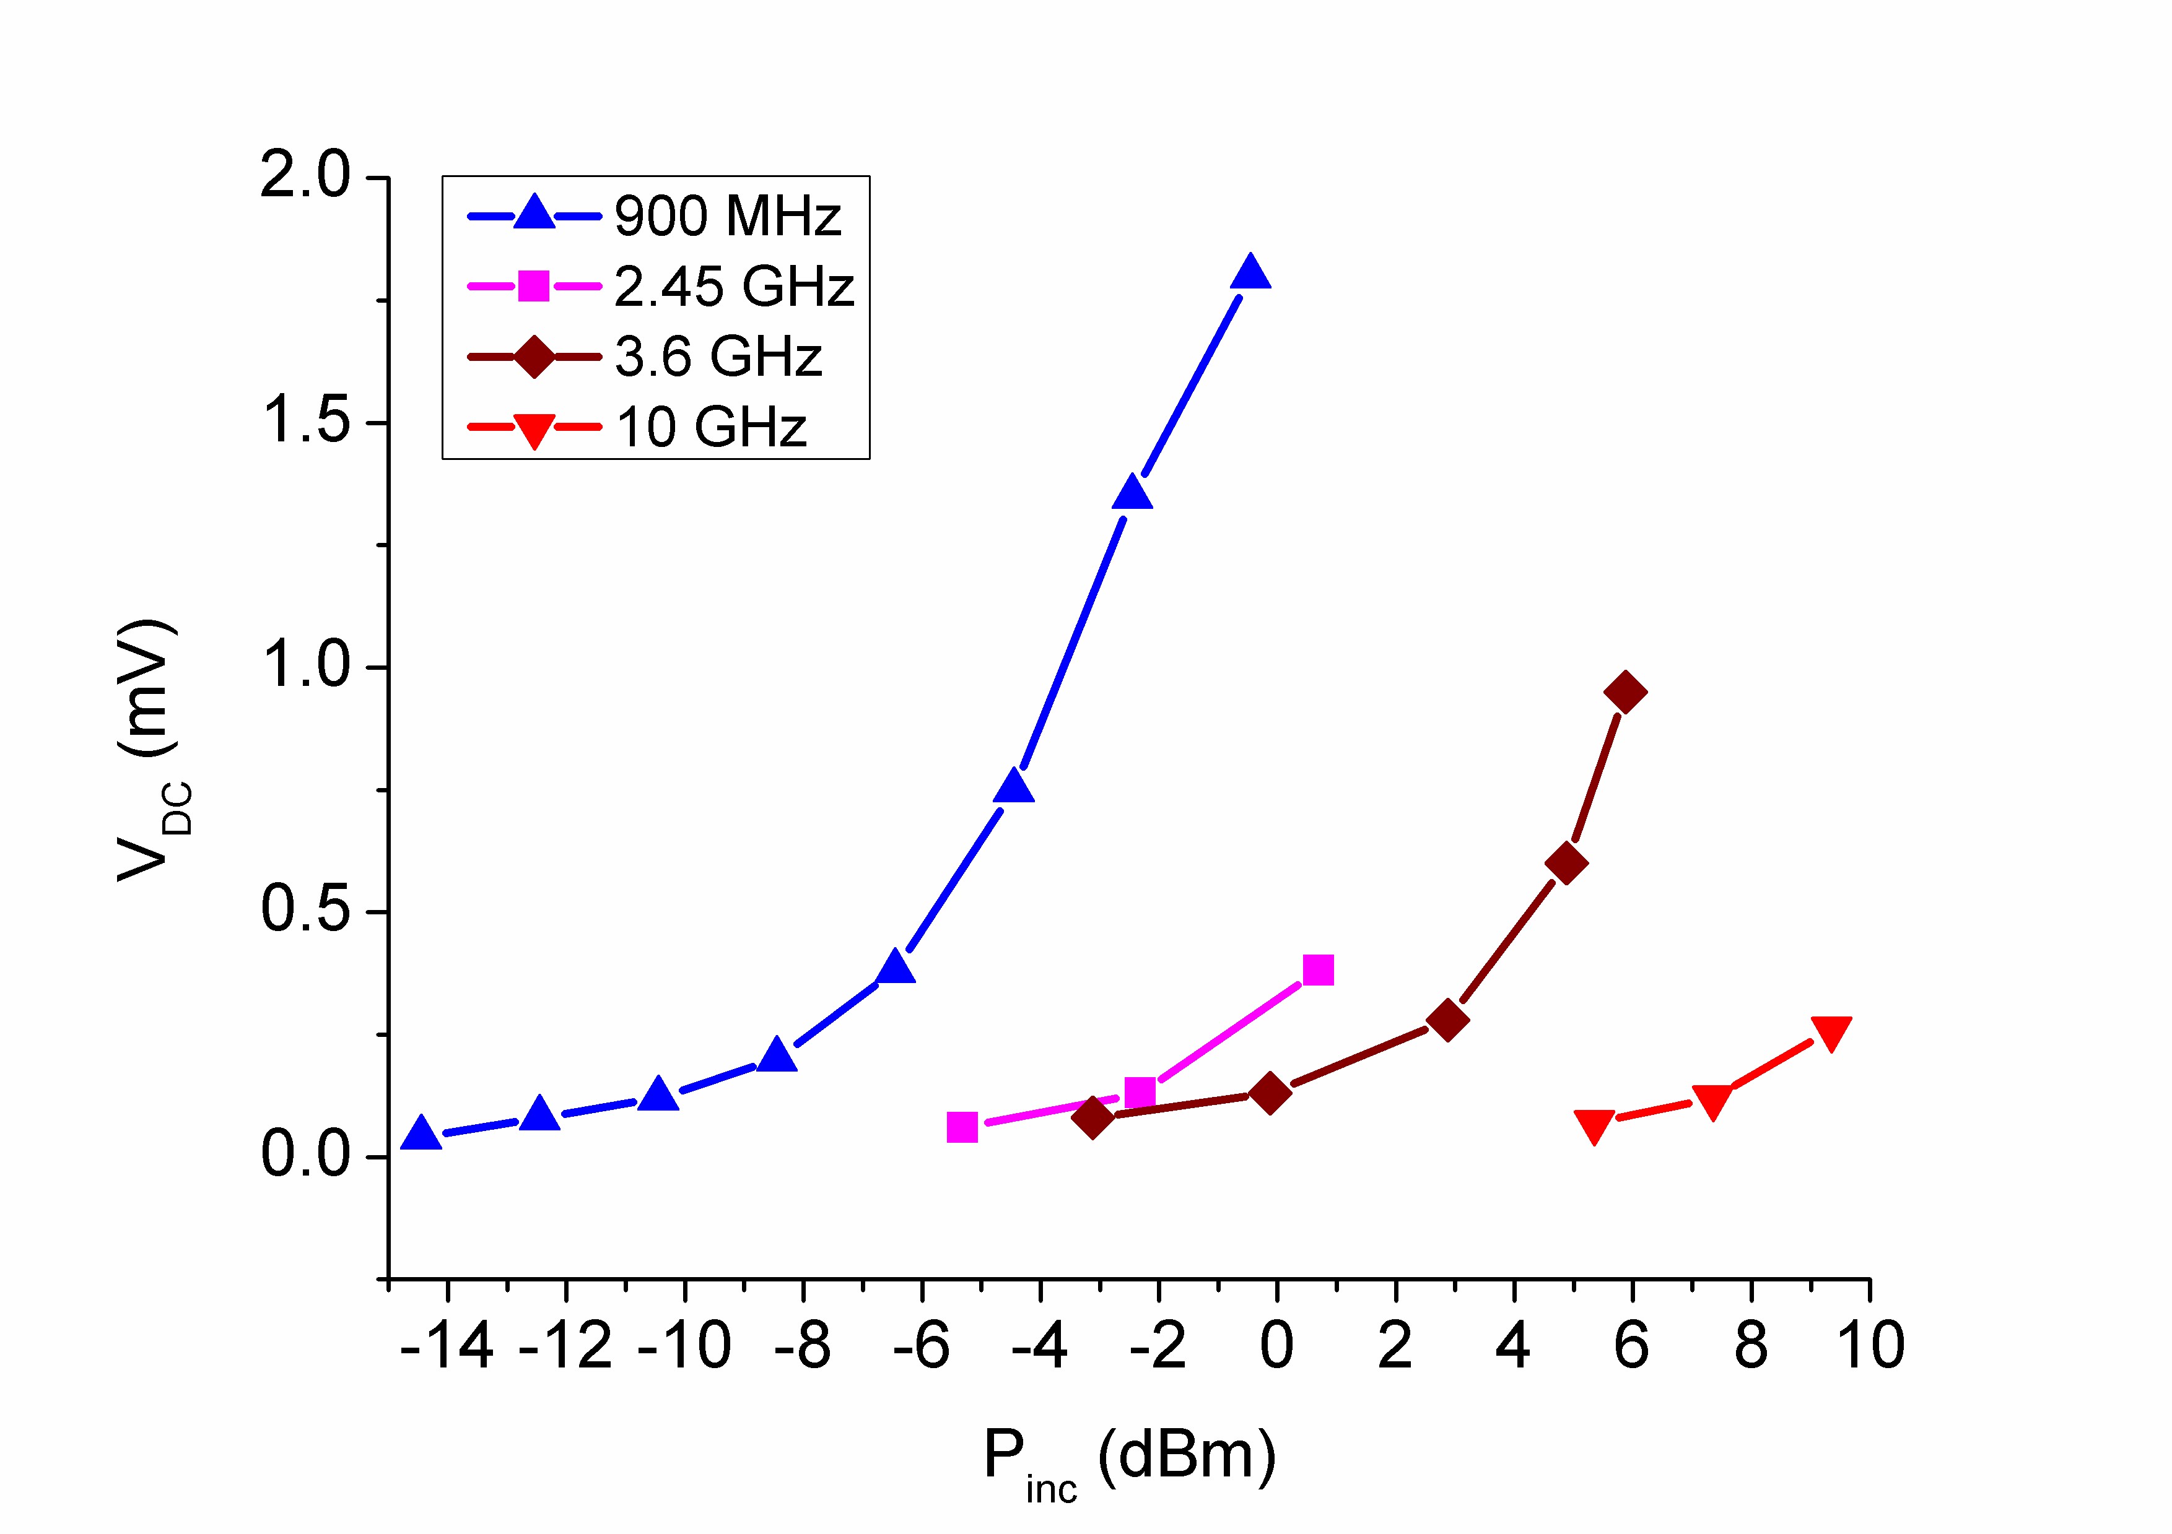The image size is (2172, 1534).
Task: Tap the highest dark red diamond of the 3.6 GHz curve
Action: coord(1625,692)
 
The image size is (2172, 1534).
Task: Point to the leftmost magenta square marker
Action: coord(962,1127)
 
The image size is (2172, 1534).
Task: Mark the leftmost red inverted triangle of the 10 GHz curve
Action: coord(1594,1125)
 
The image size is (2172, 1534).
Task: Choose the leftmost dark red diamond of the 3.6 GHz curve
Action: coord(1093,1118)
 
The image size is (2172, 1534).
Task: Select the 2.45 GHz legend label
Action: coord(734,287)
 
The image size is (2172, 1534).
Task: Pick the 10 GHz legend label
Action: coord(712,428)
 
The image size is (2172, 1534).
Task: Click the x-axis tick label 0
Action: coord(1276,1346)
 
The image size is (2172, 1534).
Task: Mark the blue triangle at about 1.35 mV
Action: coord(1132,493)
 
